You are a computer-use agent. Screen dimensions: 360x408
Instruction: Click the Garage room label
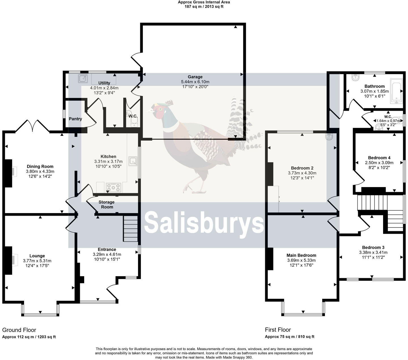click(x=195, y=77)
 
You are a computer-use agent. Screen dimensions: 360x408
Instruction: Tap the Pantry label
click(x=75, y=119)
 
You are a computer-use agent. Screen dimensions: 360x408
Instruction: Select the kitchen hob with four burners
click(x=114, y=187)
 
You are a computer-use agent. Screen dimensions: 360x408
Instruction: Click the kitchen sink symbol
click(x=133, y=161)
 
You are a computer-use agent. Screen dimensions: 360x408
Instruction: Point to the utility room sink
click(x=82, y=78)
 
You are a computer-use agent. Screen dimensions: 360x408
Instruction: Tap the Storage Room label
click(x=107, y=204)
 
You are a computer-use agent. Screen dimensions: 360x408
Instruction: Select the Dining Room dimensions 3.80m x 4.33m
click(x=40, y=172)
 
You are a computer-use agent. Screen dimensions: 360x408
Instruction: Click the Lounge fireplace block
click(x=8, y=260)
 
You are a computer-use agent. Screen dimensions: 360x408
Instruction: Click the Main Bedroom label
click(x=301, y=255)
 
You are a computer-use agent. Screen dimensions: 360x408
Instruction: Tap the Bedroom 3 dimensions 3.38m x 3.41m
click(x=373, y=252)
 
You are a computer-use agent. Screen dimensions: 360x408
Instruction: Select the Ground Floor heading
click(x=19, y=330)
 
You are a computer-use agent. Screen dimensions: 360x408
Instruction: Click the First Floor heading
click(x=278, y=330)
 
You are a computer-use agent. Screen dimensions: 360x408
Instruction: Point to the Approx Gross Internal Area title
click(x=204, y=2)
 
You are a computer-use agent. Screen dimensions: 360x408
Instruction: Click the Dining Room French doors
click(x=32, y=126)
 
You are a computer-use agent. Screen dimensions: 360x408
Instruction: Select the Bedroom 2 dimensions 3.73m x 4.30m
click(x=302, y=173)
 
